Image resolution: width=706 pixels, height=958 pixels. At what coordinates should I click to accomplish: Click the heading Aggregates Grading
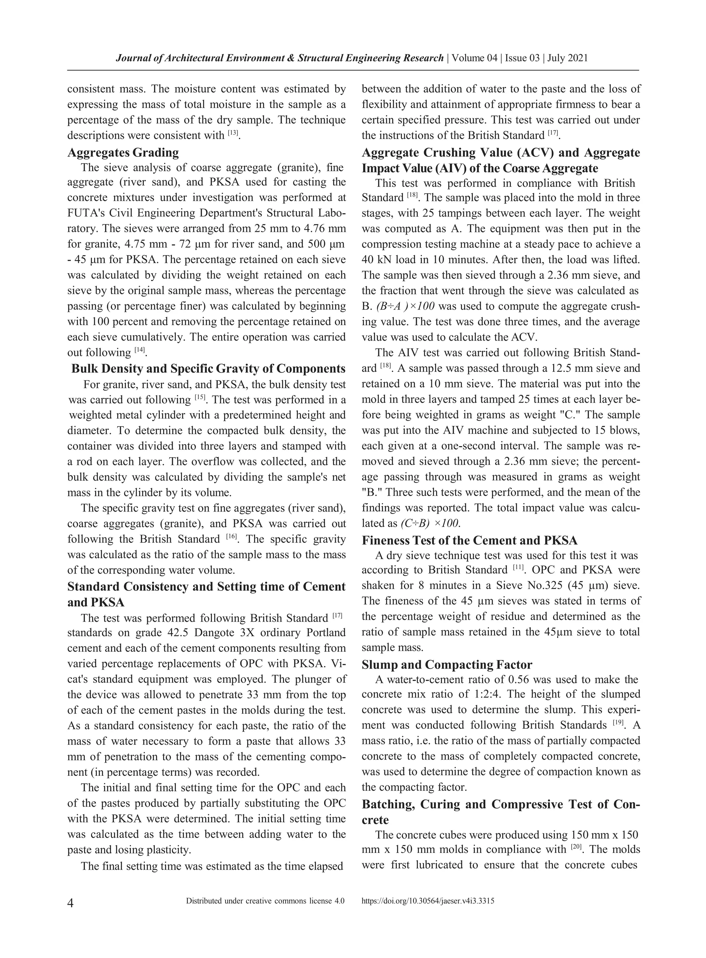(x=123, y=153)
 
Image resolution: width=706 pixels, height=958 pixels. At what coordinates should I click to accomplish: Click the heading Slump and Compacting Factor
(x=446, y=665)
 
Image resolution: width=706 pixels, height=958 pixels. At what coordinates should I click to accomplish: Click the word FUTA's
(x=84, y=213)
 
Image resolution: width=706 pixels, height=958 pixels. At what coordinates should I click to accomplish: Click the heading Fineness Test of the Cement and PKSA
(x=469, y=540)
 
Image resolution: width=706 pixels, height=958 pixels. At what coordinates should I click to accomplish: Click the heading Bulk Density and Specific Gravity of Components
(x=208, y=369)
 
